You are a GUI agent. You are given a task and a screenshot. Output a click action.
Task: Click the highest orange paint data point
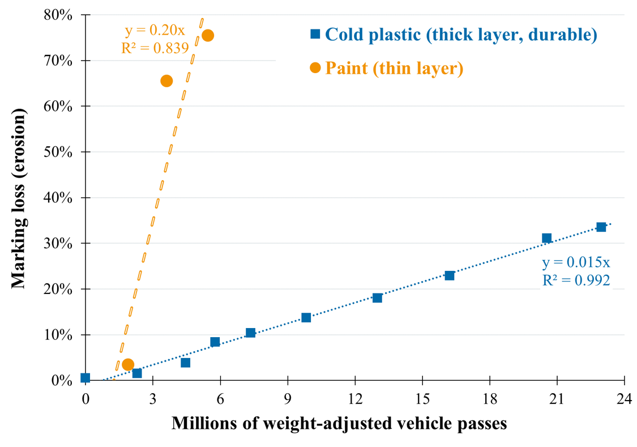(208, 36)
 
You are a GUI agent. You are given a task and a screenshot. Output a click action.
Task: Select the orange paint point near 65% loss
(166, 81)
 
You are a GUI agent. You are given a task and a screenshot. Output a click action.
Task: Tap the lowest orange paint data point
(128, 364)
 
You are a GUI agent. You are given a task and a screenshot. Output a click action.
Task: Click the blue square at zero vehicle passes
(85, 378)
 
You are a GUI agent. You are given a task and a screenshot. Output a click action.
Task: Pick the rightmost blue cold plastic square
(601, 227)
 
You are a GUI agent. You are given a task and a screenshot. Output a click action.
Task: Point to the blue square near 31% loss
(546, 238)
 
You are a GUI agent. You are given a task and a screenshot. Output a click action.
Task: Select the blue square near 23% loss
(449, 276)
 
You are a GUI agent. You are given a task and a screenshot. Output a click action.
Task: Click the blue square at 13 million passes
(377, 298)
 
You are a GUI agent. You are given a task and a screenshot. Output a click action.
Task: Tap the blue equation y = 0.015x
(576, 263)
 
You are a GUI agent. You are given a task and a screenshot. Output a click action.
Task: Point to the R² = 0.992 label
(576, 280)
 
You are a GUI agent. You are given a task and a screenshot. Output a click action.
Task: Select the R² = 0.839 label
(155, 48)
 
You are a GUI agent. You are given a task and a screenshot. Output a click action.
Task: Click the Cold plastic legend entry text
(461, 35)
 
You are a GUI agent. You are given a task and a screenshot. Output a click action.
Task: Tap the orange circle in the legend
(315, 68)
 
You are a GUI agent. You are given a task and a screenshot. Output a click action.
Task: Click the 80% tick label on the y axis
(58, 15)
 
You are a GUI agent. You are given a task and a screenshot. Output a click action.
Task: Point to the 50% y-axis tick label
(58, 152)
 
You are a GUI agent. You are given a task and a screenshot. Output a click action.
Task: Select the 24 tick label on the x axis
(625, 398)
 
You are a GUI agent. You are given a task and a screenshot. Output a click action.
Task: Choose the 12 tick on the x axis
(355, 398)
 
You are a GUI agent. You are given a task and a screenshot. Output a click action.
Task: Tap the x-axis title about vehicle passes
(339, 423)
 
